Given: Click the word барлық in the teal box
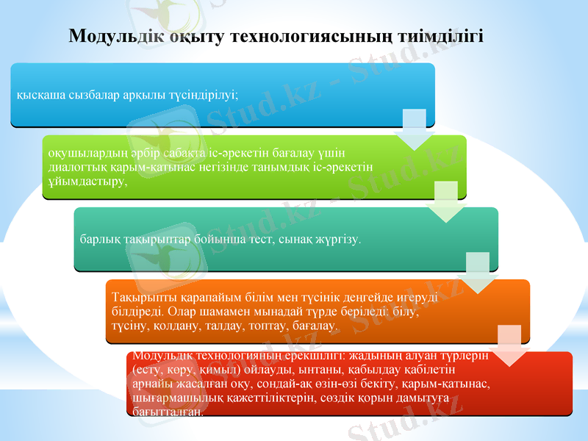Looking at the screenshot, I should pos(97,240).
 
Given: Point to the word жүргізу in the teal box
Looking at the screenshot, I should pos(340,240).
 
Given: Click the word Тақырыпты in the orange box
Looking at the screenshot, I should pos(140,298).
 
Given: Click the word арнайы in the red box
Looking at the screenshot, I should pos(150,384).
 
